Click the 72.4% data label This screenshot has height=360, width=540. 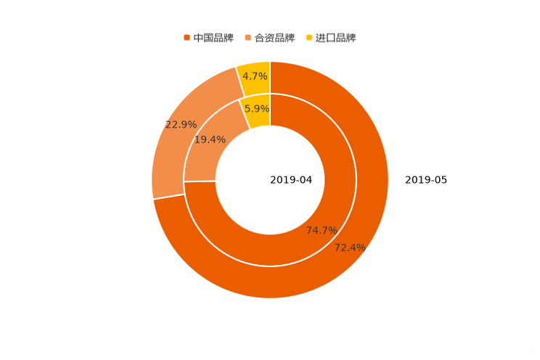tap(349, 247)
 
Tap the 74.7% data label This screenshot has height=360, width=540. tap(322, 231)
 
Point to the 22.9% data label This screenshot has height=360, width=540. tap(181, 125)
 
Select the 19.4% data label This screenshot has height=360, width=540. tap(210, 139)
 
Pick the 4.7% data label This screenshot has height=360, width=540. tap(255, 76)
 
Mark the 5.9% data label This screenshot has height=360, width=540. tap(256, 109)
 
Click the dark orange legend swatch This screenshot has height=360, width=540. tap(187, 37)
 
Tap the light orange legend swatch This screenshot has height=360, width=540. tap(248, 37)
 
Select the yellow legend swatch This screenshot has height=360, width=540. tap(310, 37)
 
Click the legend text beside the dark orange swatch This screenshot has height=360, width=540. tap(213, 37)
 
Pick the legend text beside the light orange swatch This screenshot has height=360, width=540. tap(275, 37)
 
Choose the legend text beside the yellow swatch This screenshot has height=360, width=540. tap(337, 37)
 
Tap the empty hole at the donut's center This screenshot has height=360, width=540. tap(270, 179)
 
